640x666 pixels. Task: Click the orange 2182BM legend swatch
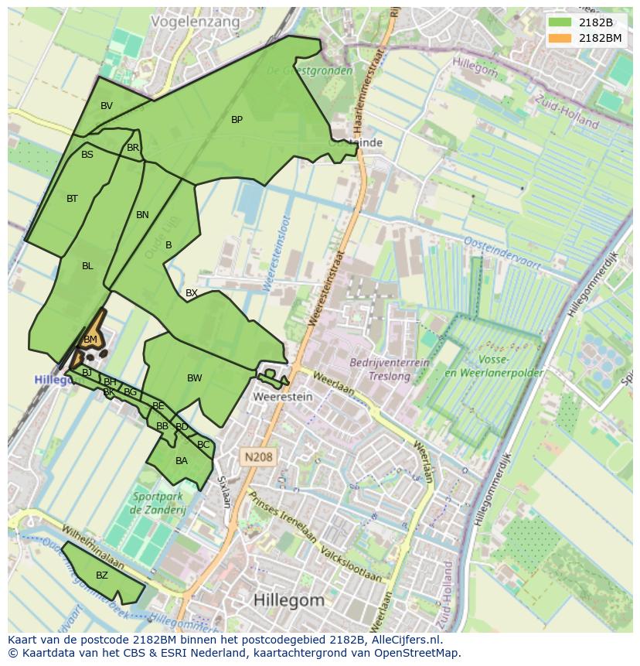point(560,38)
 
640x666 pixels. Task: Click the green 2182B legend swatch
point(560,22)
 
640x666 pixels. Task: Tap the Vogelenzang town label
point(196,22)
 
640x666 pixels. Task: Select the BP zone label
point(237,120)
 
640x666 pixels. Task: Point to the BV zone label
point(107,106)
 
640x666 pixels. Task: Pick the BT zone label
point(72,199)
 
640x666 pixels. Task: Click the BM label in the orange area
point(90,340)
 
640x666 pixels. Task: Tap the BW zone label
point(195,378)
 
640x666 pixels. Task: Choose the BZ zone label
point(102,575)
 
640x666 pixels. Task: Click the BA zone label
point(182,461)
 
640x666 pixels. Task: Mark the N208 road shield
point(257,457)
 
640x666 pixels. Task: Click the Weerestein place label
point(283,397)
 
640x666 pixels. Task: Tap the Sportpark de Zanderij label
point(159,503)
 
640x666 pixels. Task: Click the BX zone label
point(192,293)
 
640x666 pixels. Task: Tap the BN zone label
point(142,215)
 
